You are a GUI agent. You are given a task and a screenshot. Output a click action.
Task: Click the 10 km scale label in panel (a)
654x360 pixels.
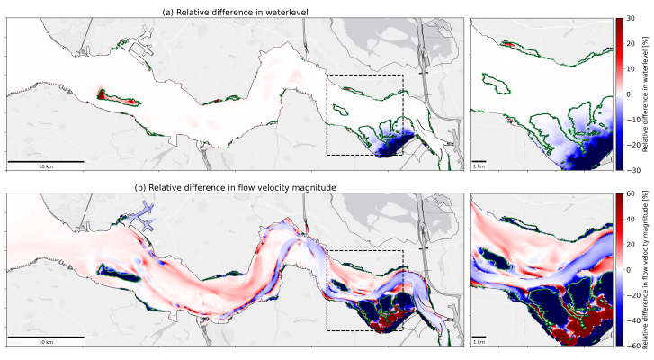coord(46,166)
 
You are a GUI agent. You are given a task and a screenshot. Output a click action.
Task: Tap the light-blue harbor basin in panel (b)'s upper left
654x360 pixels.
coord(138,217)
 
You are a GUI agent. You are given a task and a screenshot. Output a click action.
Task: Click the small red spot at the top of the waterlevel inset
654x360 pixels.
coord(507,43)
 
